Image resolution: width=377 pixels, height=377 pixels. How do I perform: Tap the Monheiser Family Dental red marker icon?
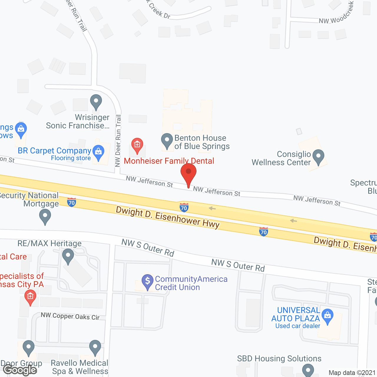point(137,145)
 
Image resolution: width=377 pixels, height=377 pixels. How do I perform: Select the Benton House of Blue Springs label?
point(202,142)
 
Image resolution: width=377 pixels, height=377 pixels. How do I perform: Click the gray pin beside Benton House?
point(167,140)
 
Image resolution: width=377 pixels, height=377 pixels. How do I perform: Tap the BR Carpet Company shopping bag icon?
point(98,152)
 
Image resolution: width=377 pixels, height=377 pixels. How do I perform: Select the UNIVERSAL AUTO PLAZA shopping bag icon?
point(327,316)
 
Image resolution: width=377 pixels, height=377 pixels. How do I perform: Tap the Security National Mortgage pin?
point(45,217)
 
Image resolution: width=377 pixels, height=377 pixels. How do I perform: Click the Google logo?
point(20,370)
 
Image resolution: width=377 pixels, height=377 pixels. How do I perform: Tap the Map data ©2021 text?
point(352,373)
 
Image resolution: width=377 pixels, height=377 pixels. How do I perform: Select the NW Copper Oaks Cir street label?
point(70,316)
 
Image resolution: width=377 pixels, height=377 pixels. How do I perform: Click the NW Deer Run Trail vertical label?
point(118,141)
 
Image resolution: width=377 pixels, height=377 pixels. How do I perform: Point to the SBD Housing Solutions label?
point(279,358)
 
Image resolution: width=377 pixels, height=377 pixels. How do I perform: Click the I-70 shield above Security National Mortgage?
point(72,202)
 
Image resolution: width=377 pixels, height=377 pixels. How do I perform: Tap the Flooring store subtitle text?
point(71,158)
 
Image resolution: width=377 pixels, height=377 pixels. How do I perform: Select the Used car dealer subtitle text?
point(297,326)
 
